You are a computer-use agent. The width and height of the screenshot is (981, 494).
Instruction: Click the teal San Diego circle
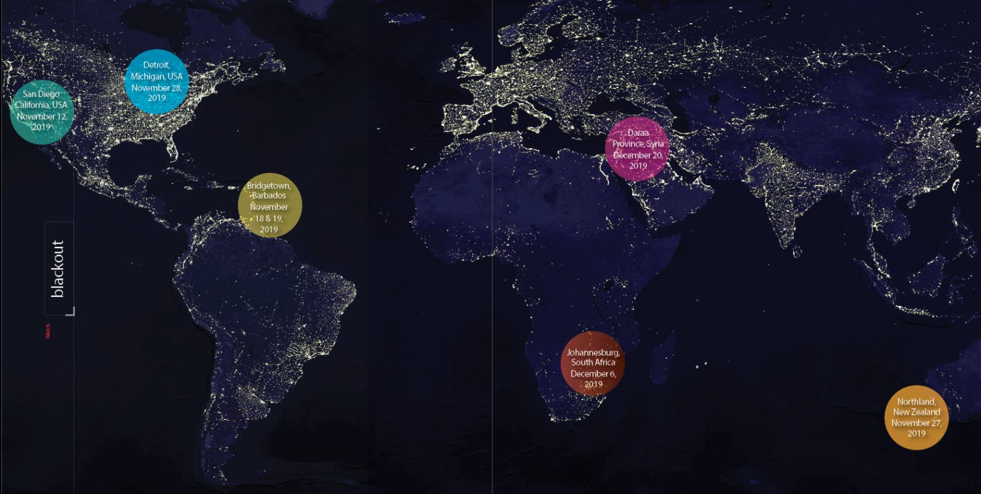point(42,112)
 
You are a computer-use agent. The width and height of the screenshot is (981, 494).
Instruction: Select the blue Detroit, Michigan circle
point(156,81)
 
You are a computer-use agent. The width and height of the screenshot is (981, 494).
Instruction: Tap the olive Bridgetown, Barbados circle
point(270,206)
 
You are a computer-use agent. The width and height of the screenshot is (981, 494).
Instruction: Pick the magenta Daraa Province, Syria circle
point(637,149)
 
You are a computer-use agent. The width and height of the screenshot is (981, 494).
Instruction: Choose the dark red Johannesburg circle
point(593,363)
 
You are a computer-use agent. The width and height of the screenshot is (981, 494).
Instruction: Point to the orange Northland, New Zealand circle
point(916,417)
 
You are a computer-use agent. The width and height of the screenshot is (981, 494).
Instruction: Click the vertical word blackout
point(58,268)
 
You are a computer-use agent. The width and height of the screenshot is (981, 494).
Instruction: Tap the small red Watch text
point(47,331)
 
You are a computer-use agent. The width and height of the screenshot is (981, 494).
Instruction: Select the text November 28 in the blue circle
point(156,87)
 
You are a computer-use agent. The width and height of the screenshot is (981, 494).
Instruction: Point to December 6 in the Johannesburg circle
point(593,373)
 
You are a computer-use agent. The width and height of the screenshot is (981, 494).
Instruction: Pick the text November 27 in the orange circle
point(916,423)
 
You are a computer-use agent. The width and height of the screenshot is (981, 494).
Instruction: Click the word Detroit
point(156,65)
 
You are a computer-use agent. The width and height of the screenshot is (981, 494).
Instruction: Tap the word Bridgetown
point(269,186)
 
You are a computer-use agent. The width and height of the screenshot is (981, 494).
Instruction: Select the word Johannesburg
point(593,352)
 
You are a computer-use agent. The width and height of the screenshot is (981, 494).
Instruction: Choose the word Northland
point(916,401)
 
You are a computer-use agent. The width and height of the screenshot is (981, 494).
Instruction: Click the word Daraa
point(637,133)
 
